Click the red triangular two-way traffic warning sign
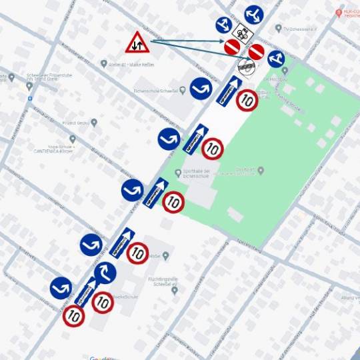click(137, 43)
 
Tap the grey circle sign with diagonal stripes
click(246, 65)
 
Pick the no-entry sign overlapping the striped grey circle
click(256, 52)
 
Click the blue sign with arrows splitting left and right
click(253, 13)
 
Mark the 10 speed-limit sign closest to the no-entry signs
click(247, 100)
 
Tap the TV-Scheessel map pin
click(278, 29)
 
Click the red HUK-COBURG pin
click(339, 13)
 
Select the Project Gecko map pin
click(93, 123)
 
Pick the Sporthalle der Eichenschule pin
click(177, 172)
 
